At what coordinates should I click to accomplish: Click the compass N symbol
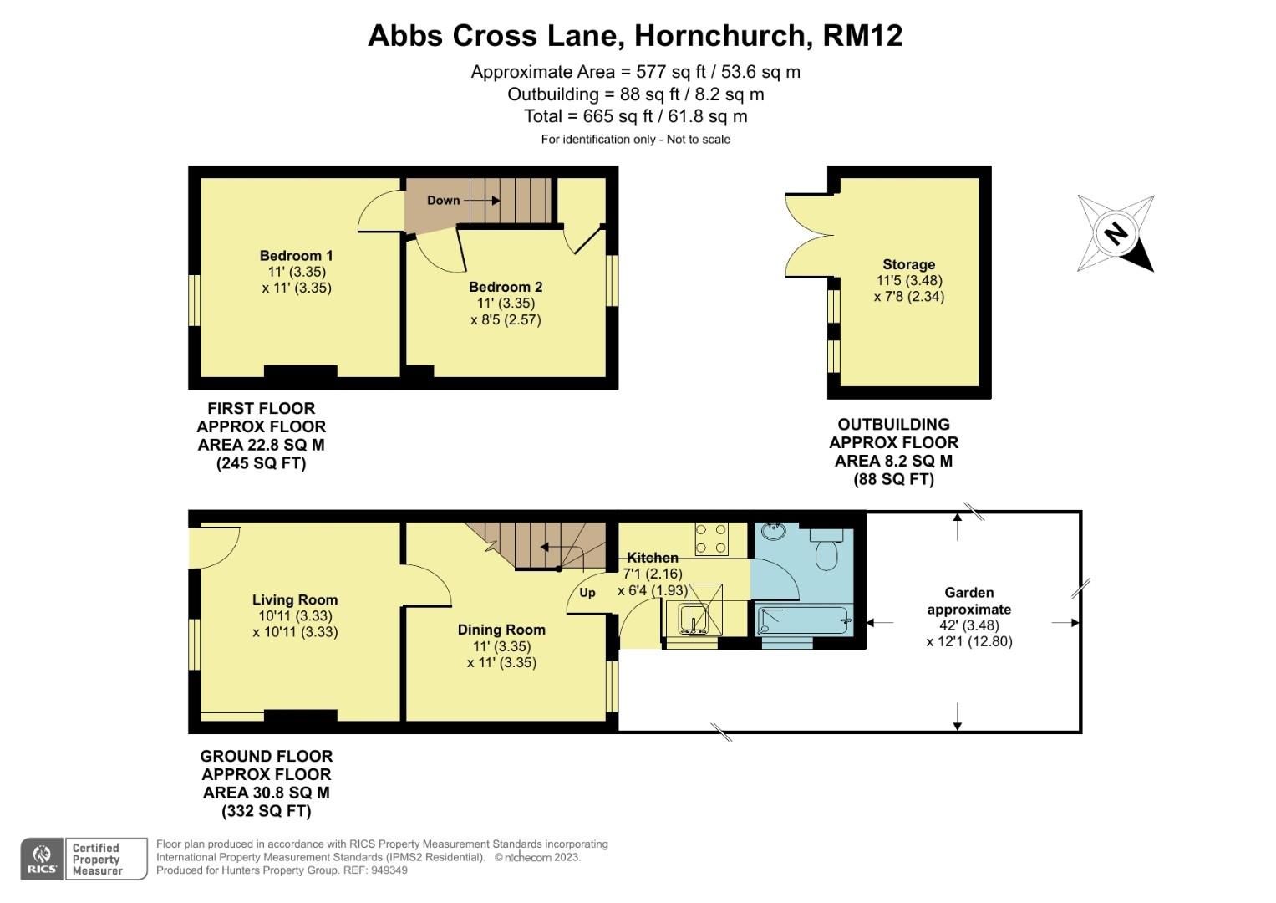[x=1116, y=233]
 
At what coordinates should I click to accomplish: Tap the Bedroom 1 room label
[x=296, y=256]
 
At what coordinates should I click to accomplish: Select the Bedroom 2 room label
[x=506, y=287]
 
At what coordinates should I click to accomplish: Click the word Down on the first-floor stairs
[x=443, y=201]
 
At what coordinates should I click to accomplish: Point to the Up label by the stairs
[x=587, y=593]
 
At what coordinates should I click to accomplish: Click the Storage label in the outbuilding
[x=909, y=264]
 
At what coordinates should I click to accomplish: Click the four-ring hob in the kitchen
[x=711, y=538]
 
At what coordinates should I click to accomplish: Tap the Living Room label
[x=295, y=599]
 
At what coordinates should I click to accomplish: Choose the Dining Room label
[x=501, y=630]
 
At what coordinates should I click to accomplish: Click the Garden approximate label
[x=969, y=600]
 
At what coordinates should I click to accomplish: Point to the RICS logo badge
[x=42, y=859]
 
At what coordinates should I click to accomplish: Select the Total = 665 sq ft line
[x=635, y=116]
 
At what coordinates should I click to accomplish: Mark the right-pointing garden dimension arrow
[x=1066, y=623]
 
